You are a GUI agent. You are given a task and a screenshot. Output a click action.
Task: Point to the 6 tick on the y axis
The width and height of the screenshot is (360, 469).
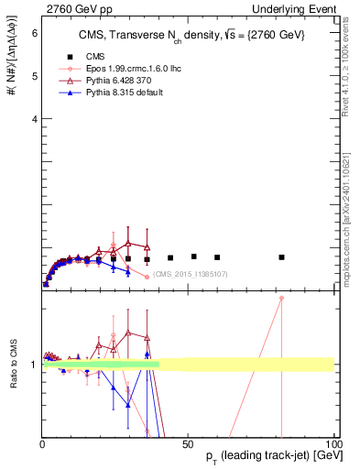(x=34, y=33)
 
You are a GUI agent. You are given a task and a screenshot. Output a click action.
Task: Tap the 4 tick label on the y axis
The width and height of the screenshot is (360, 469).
(x=34, y=119)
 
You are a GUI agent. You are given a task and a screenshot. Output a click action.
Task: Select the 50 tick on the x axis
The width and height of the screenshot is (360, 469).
(x=188, y=442)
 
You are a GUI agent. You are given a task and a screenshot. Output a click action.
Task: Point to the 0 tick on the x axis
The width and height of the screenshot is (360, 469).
(x=43, y=442)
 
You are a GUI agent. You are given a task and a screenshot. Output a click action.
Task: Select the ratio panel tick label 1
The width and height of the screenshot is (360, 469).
(x=34, y=365)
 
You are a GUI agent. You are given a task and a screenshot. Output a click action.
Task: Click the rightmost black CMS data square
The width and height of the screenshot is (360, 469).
(x=281, y=257)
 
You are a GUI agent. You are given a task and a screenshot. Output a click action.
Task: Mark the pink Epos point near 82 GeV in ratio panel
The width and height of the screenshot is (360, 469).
(x=281, y=298)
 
